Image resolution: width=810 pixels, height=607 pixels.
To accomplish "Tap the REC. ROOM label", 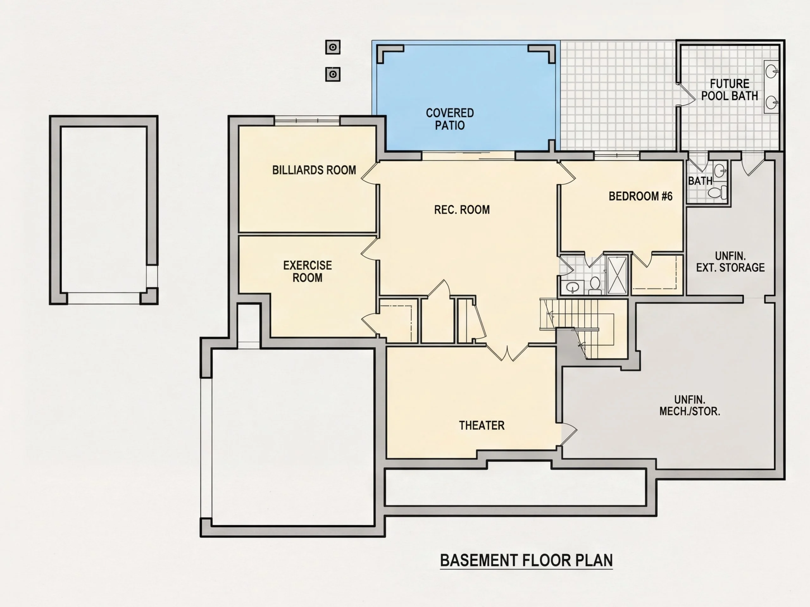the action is pyautogui.click(x=462, y=210).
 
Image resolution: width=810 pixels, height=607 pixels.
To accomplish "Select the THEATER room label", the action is pyautogui.click(x=482, y=425).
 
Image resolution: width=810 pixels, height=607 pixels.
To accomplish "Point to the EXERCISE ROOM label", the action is pyautogui.click(x=308, y=272).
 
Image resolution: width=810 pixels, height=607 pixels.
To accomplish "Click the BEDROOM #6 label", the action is pyautogui.click(x=640, y=196).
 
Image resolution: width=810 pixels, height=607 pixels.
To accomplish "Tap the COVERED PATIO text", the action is pyautogui.click(x=450, y=119).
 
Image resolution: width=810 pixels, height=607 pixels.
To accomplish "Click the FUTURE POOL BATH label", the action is pyautogui.click(x=729, y=90).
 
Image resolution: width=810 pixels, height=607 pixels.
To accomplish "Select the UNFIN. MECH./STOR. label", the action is pyautogui.click(x=689, y=405).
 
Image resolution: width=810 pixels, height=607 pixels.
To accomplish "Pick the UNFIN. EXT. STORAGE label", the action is pyautogui.click(x=730, y=261).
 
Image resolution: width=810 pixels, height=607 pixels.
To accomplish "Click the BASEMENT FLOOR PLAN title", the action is pyautogui.click(x=526, y=561).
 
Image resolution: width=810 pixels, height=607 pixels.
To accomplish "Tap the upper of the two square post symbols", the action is pyautogui.click(x=333, y=47).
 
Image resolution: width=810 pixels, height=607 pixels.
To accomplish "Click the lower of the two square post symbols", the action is pyautogui.click(x=333, y=74).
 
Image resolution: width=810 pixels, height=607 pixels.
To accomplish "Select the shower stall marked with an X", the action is pyautogui.click(x=617, y=275).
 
